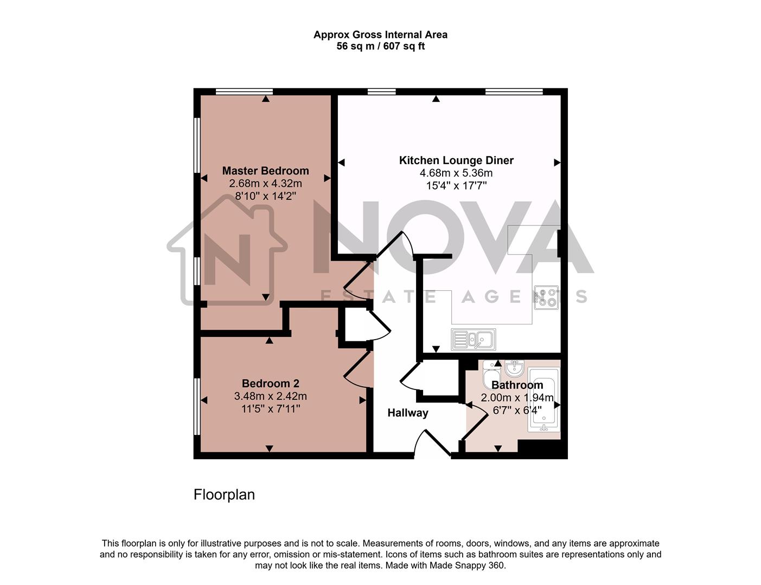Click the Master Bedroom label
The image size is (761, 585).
(x=265, y=171)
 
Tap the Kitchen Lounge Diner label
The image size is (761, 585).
(x=456, y=160)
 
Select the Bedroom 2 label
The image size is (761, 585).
(x=270, y=383)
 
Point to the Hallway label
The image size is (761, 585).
(x=407, y=413)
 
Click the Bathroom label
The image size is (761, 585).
(x=517, y=385)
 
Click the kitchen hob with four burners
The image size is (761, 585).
(x=546, y=297)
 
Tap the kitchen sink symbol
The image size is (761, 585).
(x=473, y=340)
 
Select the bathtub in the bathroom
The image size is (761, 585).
(x=543, y=400)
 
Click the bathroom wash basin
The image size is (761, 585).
(x=514, y=368)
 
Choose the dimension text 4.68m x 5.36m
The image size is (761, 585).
(x=456, y=173)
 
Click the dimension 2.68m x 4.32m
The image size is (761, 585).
(x=265, y=184)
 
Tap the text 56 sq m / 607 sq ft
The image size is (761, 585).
(x=380, y=47)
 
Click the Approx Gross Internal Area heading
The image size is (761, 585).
(x=380, y=35)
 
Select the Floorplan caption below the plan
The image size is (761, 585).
(x=224, y=495)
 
